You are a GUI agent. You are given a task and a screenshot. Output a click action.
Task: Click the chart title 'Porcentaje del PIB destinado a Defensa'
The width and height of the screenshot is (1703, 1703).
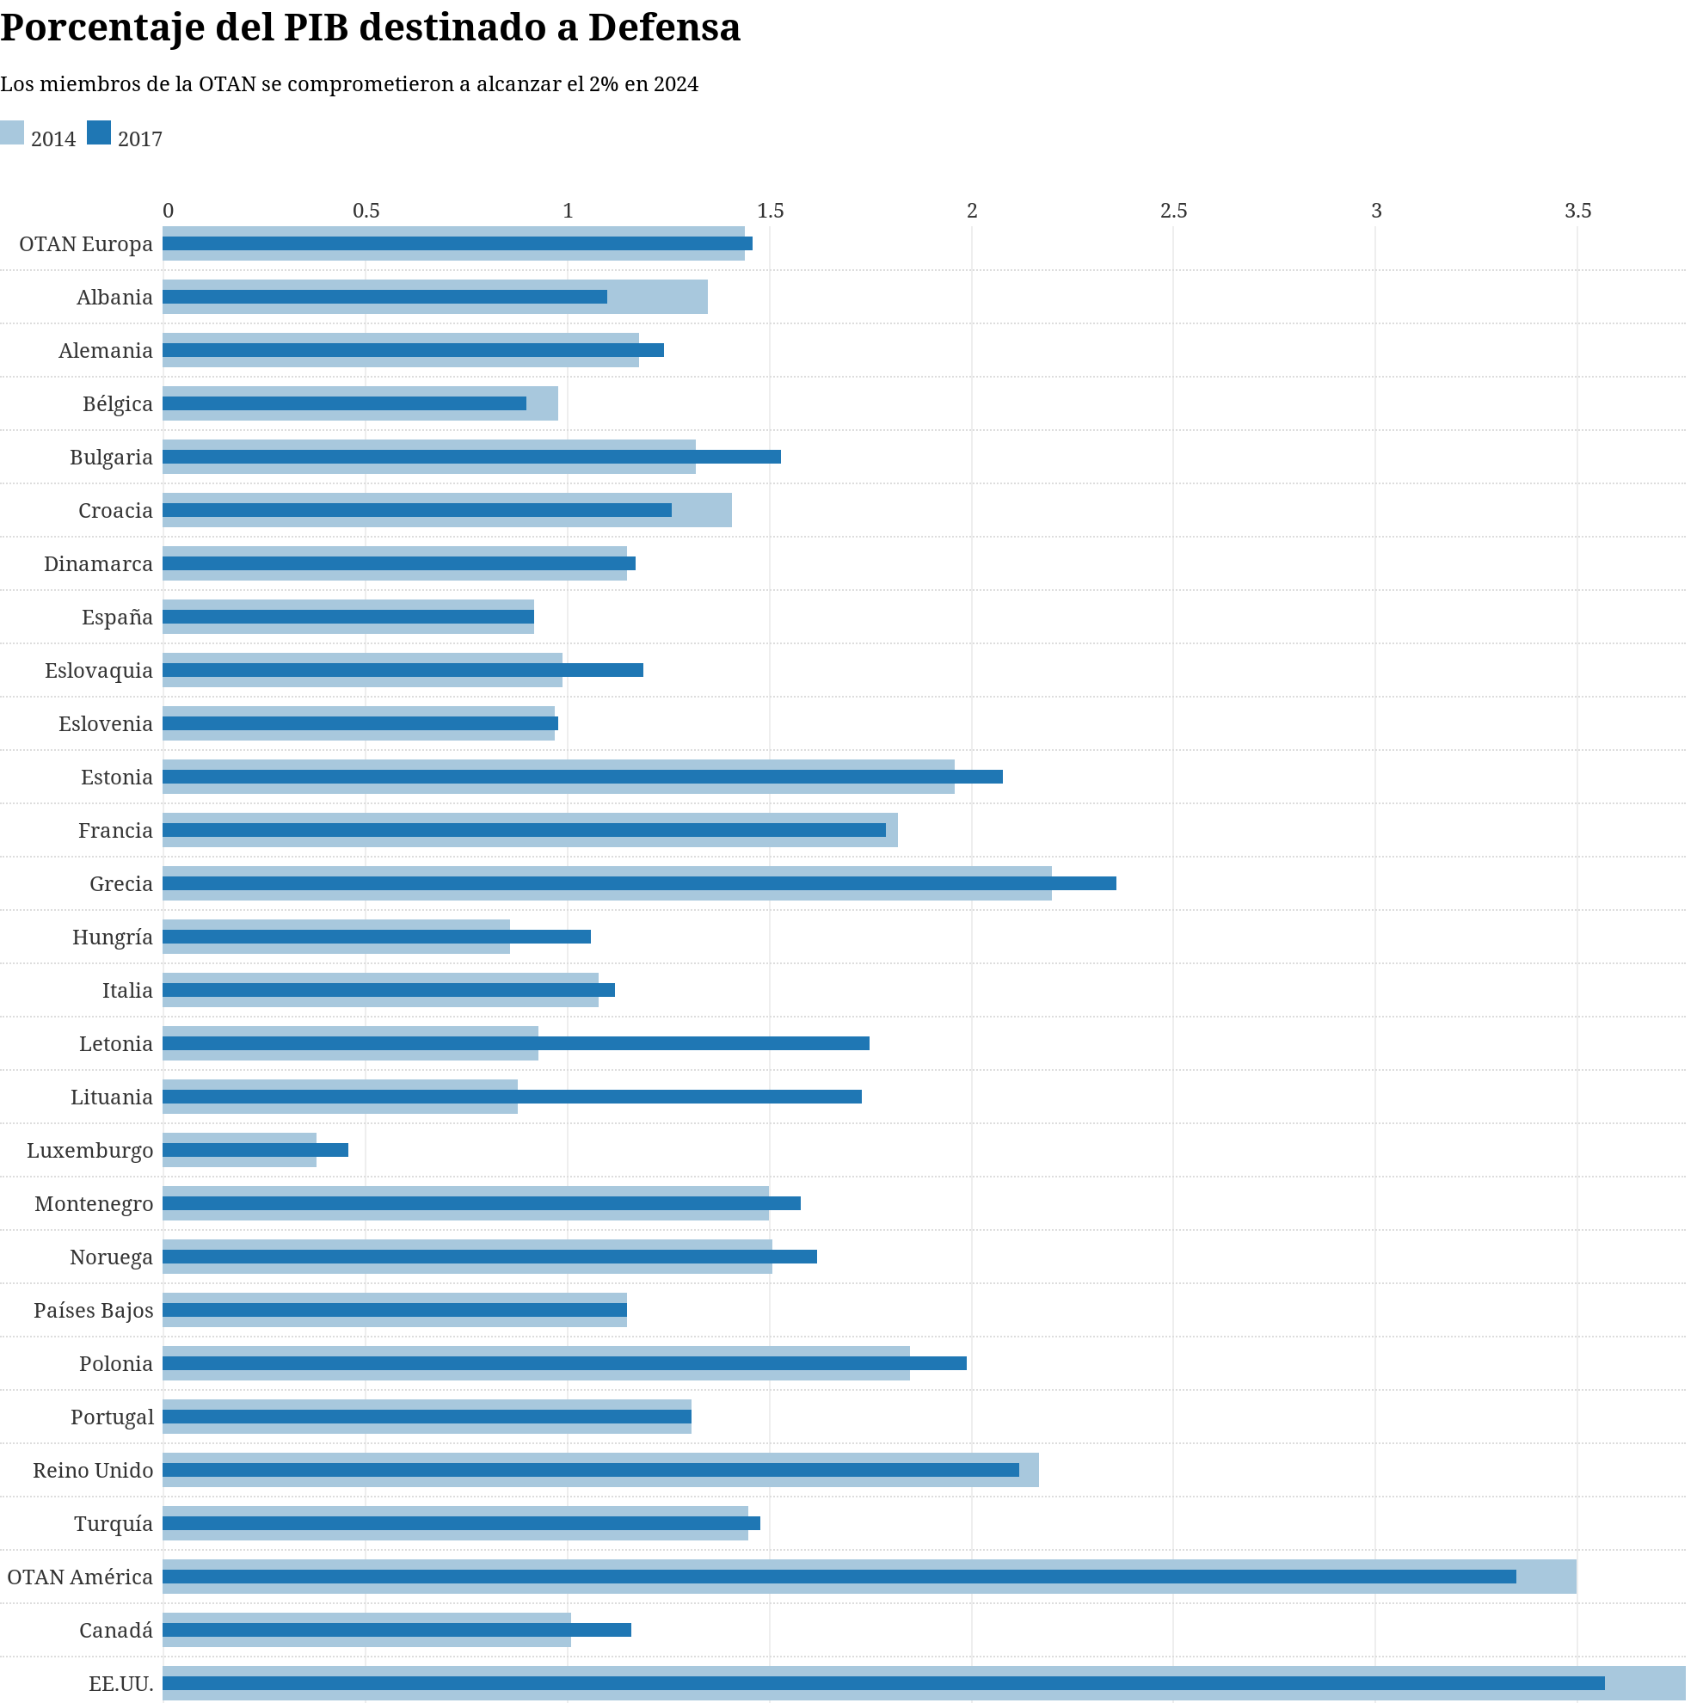coord(370,28)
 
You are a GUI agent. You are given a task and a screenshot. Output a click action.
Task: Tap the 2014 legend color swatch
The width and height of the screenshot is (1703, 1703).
coord(11,133)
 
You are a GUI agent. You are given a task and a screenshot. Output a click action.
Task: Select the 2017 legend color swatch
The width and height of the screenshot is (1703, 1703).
coord(99,133)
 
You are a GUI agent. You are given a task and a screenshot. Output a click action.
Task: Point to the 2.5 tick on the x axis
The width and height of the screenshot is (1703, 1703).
coord(1173,212)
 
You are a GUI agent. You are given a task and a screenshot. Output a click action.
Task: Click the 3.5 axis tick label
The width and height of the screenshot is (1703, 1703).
coord(1577,212)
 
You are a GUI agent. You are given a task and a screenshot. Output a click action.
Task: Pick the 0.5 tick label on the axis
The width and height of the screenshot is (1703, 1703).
coord(366,212)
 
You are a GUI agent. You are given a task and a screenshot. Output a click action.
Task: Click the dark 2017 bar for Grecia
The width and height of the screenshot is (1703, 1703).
coord(639,883)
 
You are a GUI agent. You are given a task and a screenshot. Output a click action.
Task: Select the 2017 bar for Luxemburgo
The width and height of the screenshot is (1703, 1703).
coord(255,1150)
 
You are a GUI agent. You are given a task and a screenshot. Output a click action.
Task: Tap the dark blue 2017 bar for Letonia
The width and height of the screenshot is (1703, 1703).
coord(516,1043)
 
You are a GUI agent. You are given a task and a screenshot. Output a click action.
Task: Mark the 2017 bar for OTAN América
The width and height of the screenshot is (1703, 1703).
coord(839,1577)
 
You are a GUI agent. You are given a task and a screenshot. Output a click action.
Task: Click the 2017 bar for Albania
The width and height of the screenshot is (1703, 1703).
coord(385,297)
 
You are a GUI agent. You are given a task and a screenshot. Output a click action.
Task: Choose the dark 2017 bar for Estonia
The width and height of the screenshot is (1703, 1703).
coord(582,777)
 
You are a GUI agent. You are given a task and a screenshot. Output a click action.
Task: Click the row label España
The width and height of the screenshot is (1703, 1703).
coord(117,617)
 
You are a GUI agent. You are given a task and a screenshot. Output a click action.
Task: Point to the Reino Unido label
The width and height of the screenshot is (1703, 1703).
coord(93,1470)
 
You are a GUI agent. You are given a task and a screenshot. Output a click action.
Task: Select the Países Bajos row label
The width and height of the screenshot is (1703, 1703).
coord(94,1311)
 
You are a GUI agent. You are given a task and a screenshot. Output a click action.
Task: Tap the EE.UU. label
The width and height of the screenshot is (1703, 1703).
coord(120,1683)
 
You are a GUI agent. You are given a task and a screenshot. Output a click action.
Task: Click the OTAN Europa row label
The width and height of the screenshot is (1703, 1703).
coord(85,244)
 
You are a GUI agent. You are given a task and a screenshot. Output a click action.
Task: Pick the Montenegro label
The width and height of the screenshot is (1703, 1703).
coord(94,1204)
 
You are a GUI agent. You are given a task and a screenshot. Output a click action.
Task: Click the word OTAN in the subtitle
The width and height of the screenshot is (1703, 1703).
coord(226,84)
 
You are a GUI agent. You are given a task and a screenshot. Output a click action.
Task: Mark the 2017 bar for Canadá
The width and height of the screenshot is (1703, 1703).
coord(397,1630)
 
